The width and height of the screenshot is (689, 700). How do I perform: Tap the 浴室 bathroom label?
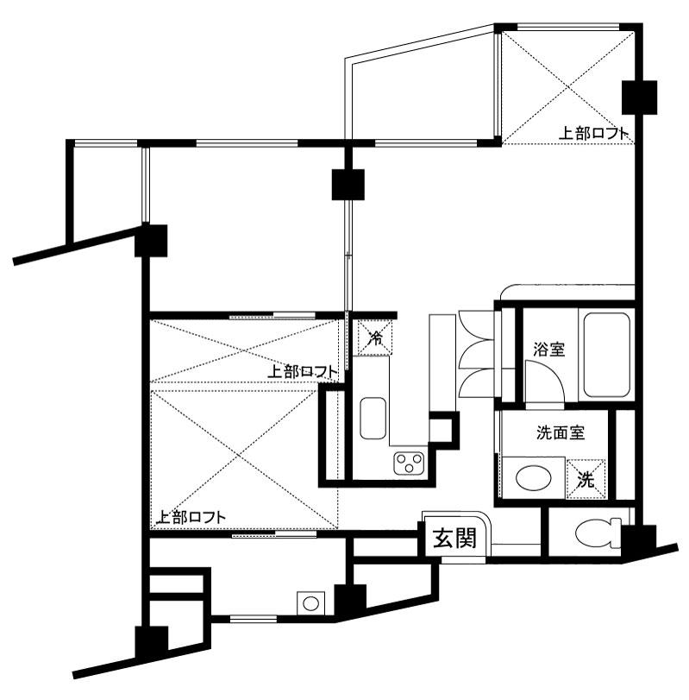pos(548,350)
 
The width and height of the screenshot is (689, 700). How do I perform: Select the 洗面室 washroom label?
pos(561,432)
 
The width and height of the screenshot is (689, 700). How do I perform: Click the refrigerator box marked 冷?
pos(374,337)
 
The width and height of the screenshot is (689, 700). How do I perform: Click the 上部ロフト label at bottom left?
pos(191,518)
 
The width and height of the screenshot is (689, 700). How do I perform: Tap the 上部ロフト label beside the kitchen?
pos(302,372)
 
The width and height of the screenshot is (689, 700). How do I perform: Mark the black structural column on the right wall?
pos(638,97)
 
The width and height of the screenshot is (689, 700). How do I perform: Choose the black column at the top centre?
pos(348,184)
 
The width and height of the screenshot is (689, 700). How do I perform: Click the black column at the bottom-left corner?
pos(152,642)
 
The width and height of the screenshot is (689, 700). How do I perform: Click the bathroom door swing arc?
pos(542,380)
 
